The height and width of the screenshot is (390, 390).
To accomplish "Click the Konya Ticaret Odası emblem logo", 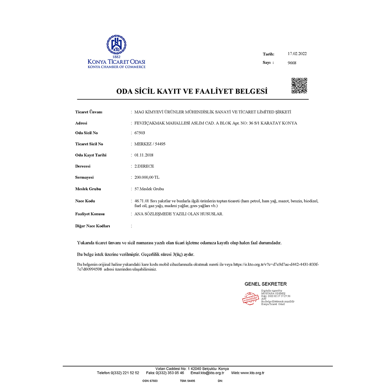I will pos(116,45).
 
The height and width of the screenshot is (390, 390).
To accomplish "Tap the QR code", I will pos(299,86).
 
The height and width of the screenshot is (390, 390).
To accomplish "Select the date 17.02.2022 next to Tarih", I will pos(297,54).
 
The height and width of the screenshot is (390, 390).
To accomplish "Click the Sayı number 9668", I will pos(292,63).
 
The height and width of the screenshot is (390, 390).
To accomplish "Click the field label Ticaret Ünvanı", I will pos(88,112).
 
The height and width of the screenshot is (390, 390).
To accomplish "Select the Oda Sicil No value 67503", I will pos(140,133).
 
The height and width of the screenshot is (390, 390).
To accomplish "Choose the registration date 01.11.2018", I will pos(143,155).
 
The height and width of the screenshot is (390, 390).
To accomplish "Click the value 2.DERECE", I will pos(144,166).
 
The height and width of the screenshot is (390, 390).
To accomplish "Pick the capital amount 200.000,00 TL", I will pos(147,178).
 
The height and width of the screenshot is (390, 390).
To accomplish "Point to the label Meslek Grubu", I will pos(88,189).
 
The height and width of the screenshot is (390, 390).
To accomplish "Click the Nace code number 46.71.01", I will pos(142,201).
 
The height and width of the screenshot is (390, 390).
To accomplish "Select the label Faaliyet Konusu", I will pos(90,214).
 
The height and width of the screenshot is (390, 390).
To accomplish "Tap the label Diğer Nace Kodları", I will pos(92,226).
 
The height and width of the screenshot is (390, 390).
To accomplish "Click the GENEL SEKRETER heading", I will pos(265,284).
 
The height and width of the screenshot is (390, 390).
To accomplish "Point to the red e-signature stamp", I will pos(251,297).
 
